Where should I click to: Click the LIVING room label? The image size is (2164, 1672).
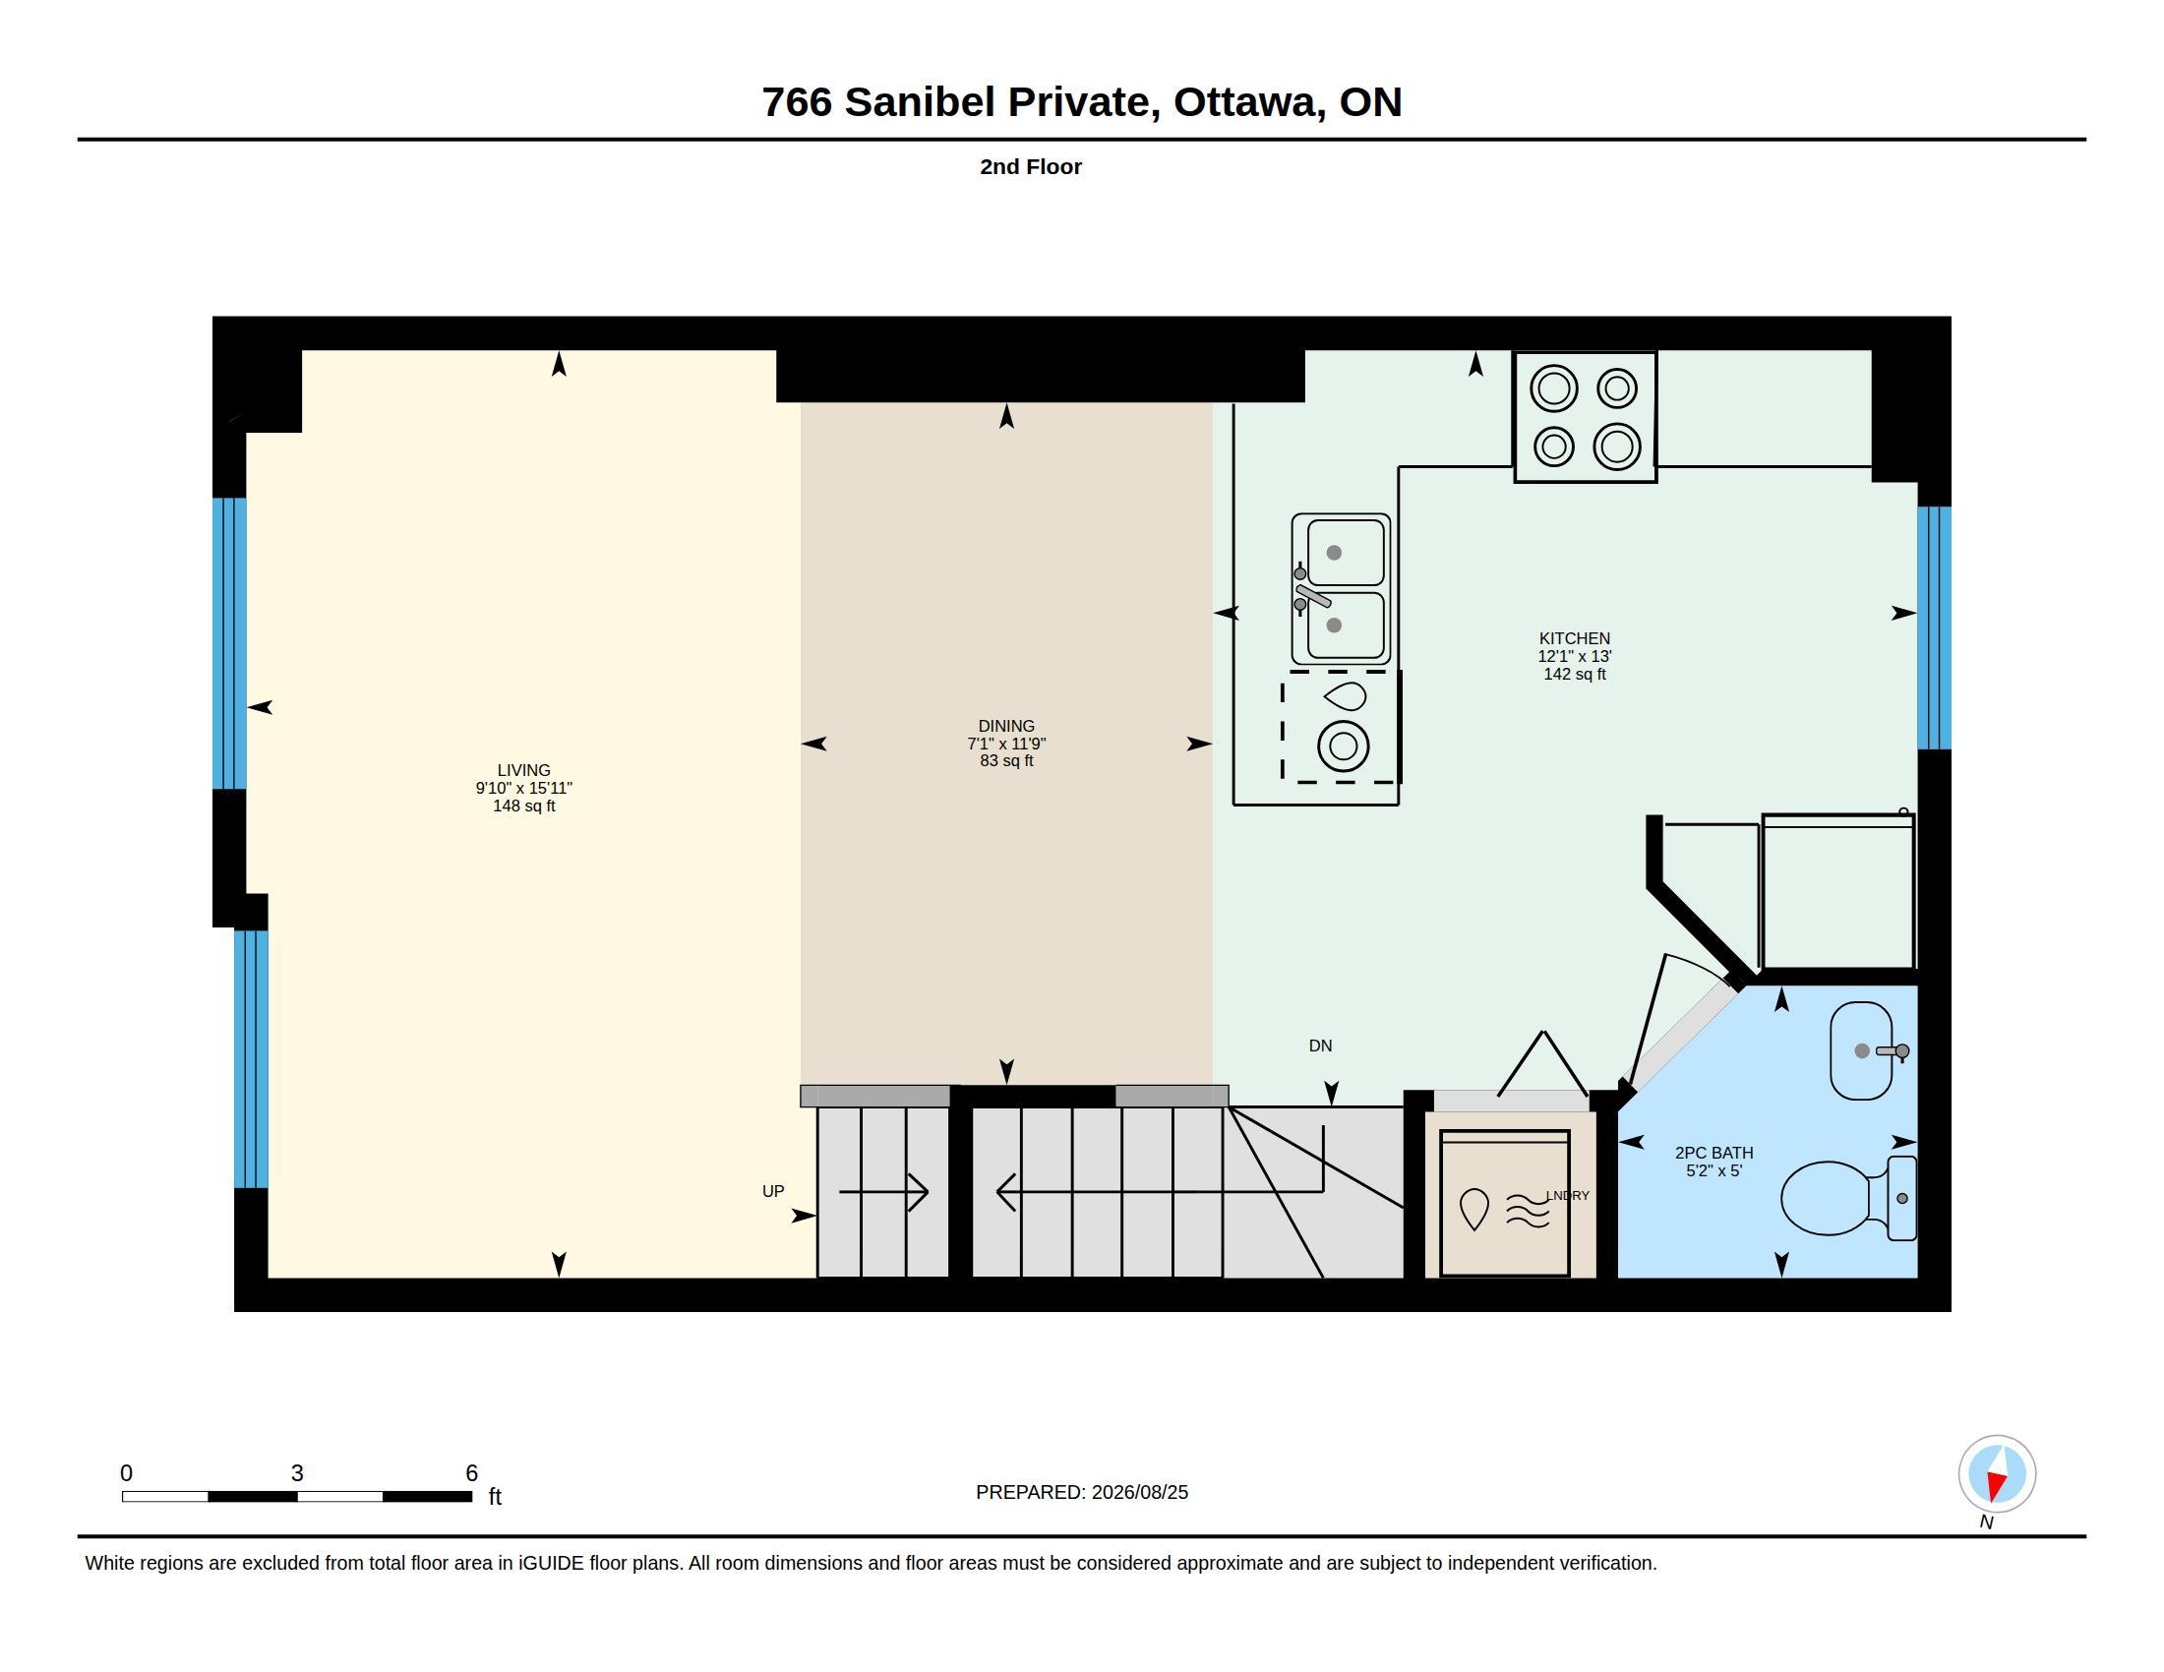[523, 770]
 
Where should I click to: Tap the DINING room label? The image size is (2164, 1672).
[1005, 726]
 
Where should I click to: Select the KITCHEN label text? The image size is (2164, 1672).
[1575, 639]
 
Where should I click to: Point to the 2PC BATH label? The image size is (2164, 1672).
[1714, 1153]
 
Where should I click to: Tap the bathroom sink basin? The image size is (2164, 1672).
[1862, 1051]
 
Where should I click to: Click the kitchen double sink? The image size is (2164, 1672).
[1340, 589]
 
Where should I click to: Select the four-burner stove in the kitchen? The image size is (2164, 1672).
[1586, 417]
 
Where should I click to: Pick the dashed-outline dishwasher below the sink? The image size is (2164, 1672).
[1341, 727]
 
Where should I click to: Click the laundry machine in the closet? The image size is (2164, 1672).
[1505, 1204]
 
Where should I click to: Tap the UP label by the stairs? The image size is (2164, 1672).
[773, 1192]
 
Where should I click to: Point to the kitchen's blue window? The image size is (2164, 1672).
[1934, 628]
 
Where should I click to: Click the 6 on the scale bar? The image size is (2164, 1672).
[471, 1473]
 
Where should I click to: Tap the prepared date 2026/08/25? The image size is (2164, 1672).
[1139, 1493]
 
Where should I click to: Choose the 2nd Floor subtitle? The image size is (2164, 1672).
[1031, 167]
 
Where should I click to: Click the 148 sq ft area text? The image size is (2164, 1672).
[524, 806]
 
